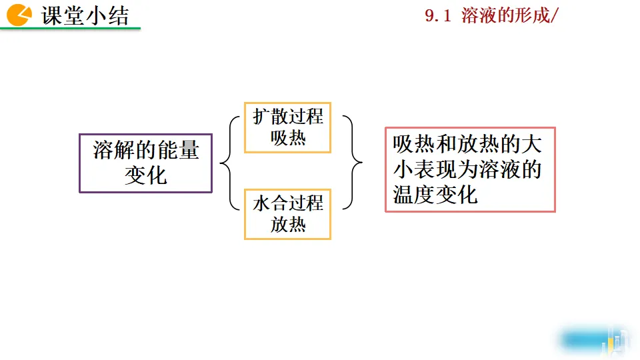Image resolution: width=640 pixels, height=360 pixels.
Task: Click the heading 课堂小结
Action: (x=85, y=15)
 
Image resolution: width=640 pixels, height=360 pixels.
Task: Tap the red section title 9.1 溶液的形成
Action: (x=490, y=16)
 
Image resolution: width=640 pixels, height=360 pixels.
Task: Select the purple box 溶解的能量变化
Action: (x=145, y=163)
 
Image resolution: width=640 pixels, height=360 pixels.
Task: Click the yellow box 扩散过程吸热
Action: (x=287, y=127)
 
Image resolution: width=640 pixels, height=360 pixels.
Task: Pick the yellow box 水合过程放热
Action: (x=287, y=214)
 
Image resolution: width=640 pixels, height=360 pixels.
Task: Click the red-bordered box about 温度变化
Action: (x=470, y=169)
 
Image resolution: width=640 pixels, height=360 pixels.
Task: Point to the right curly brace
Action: (x=353, y=163)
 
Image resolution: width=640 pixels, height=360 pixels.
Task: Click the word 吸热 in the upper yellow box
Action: (x=288, y=138)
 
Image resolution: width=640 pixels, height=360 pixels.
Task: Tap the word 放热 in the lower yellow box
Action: (x=288, y=225)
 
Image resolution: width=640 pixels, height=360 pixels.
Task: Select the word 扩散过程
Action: (x=288, y=117)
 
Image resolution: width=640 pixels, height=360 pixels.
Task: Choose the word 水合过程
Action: (x=288, y=203)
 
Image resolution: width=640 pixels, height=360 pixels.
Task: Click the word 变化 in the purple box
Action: (x=145, y=176)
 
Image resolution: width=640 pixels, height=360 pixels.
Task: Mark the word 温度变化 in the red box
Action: (x=435, y=195)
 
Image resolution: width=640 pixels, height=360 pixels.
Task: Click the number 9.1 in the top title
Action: (x=439, y=16)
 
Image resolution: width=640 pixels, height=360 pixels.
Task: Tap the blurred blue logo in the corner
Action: (x=593, y=340)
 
